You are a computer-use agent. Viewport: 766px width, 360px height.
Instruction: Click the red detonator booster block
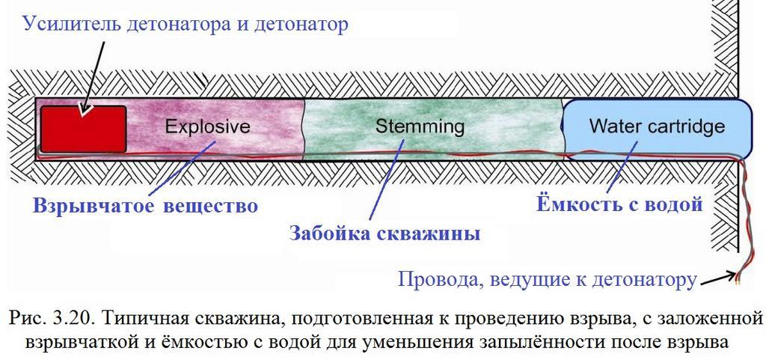point(84,129)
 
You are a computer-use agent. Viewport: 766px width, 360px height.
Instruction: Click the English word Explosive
point(208,126)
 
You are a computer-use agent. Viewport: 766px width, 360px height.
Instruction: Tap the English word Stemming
point(420,127)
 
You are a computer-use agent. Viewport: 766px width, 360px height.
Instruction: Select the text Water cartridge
point(657,126)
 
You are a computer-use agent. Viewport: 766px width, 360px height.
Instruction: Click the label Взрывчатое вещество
point(145,205)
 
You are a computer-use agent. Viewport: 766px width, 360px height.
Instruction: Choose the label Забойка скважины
point(385,233)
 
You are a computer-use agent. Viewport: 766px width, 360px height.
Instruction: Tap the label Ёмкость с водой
point(619,204)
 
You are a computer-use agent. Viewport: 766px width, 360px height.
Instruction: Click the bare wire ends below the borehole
point(737,279)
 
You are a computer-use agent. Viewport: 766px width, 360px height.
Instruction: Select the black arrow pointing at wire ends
point(716,279)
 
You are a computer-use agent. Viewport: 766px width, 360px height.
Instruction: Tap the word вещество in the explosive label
point(210,206)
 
